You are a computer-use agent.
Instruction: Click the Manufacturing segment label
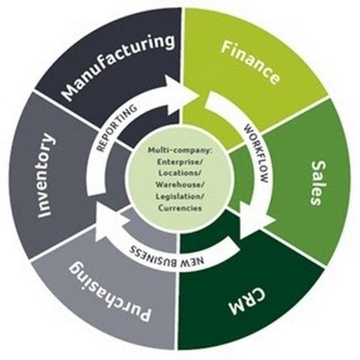click(119, 68)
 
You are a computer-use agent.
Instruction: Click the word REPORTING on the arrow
click(116, 127)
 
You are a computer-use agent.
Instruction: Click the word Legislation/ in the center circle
click(180, 196)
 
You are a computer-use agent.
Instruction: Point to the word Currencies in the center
click(180, 208)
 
